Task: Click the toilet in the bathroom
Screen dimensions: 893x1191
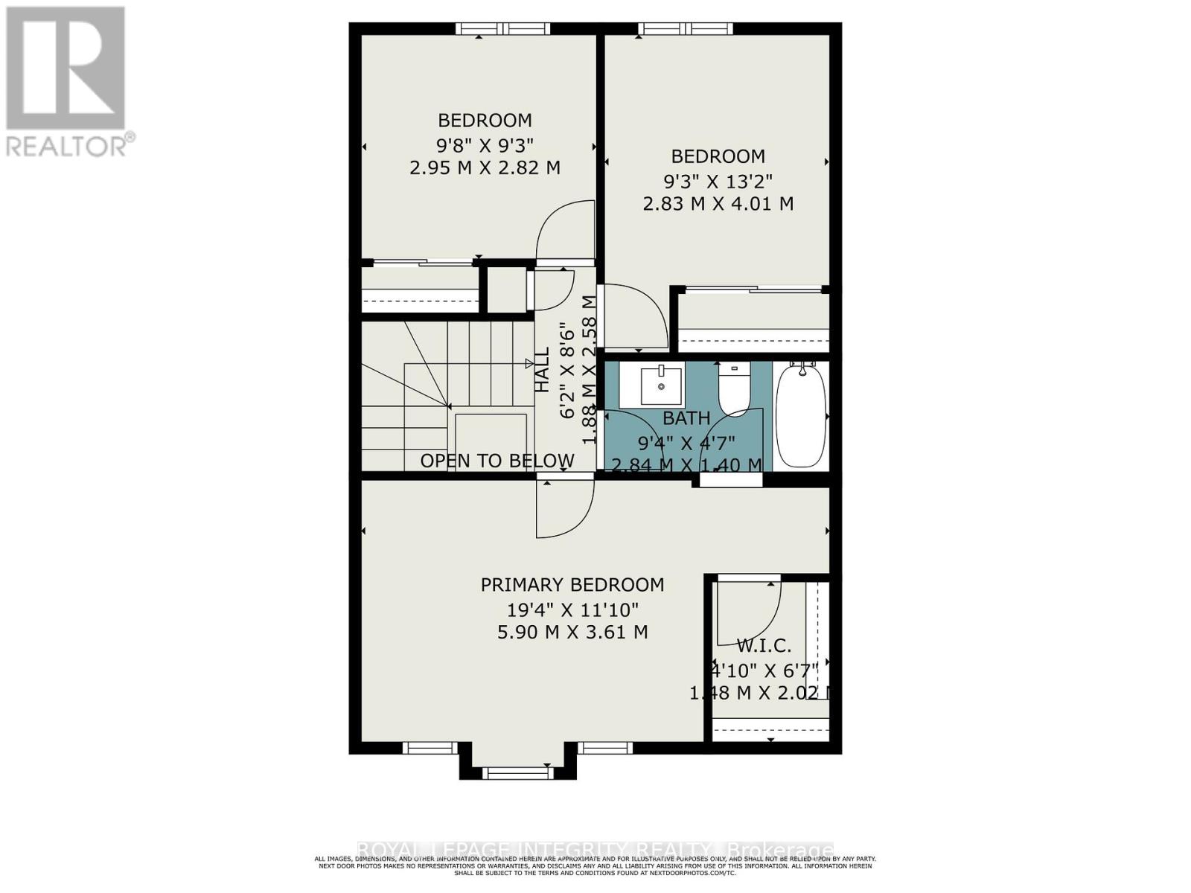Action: [734, 388]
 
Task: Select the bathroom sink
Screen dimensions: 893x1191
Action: [662, 385]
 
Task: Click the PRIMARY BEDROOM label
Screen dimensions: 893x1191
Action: [572, 585]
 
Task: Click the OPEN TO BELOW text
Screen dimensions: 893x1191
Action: [497, 461]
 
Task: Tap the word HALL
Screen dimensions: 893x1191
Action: [543, 370]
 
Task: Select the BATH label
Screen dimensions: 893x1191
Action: [686, 418]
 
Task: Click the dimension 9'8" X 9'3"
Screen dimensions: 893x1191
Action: [485, 144]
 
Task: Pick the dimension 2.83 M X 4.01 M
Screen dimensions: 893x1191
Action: [718, 203]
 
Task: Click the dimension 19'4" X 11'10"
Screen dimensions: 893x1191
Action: [572, 610]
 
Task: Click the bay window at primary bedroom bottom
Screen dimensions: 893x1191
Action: [518, 772]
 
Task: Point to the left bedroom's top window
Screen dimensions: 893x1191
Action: [503, 29]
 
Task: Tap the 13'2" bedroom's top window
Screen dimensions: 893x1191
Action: [686, 29]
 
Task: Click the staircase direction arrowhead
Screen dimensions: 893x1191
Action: [529, 363]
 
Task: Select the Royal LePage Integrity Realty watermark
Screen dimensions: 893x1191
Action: [595, 850]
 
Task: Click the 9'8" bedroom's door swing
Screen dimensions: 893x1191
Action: [566, 231]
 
